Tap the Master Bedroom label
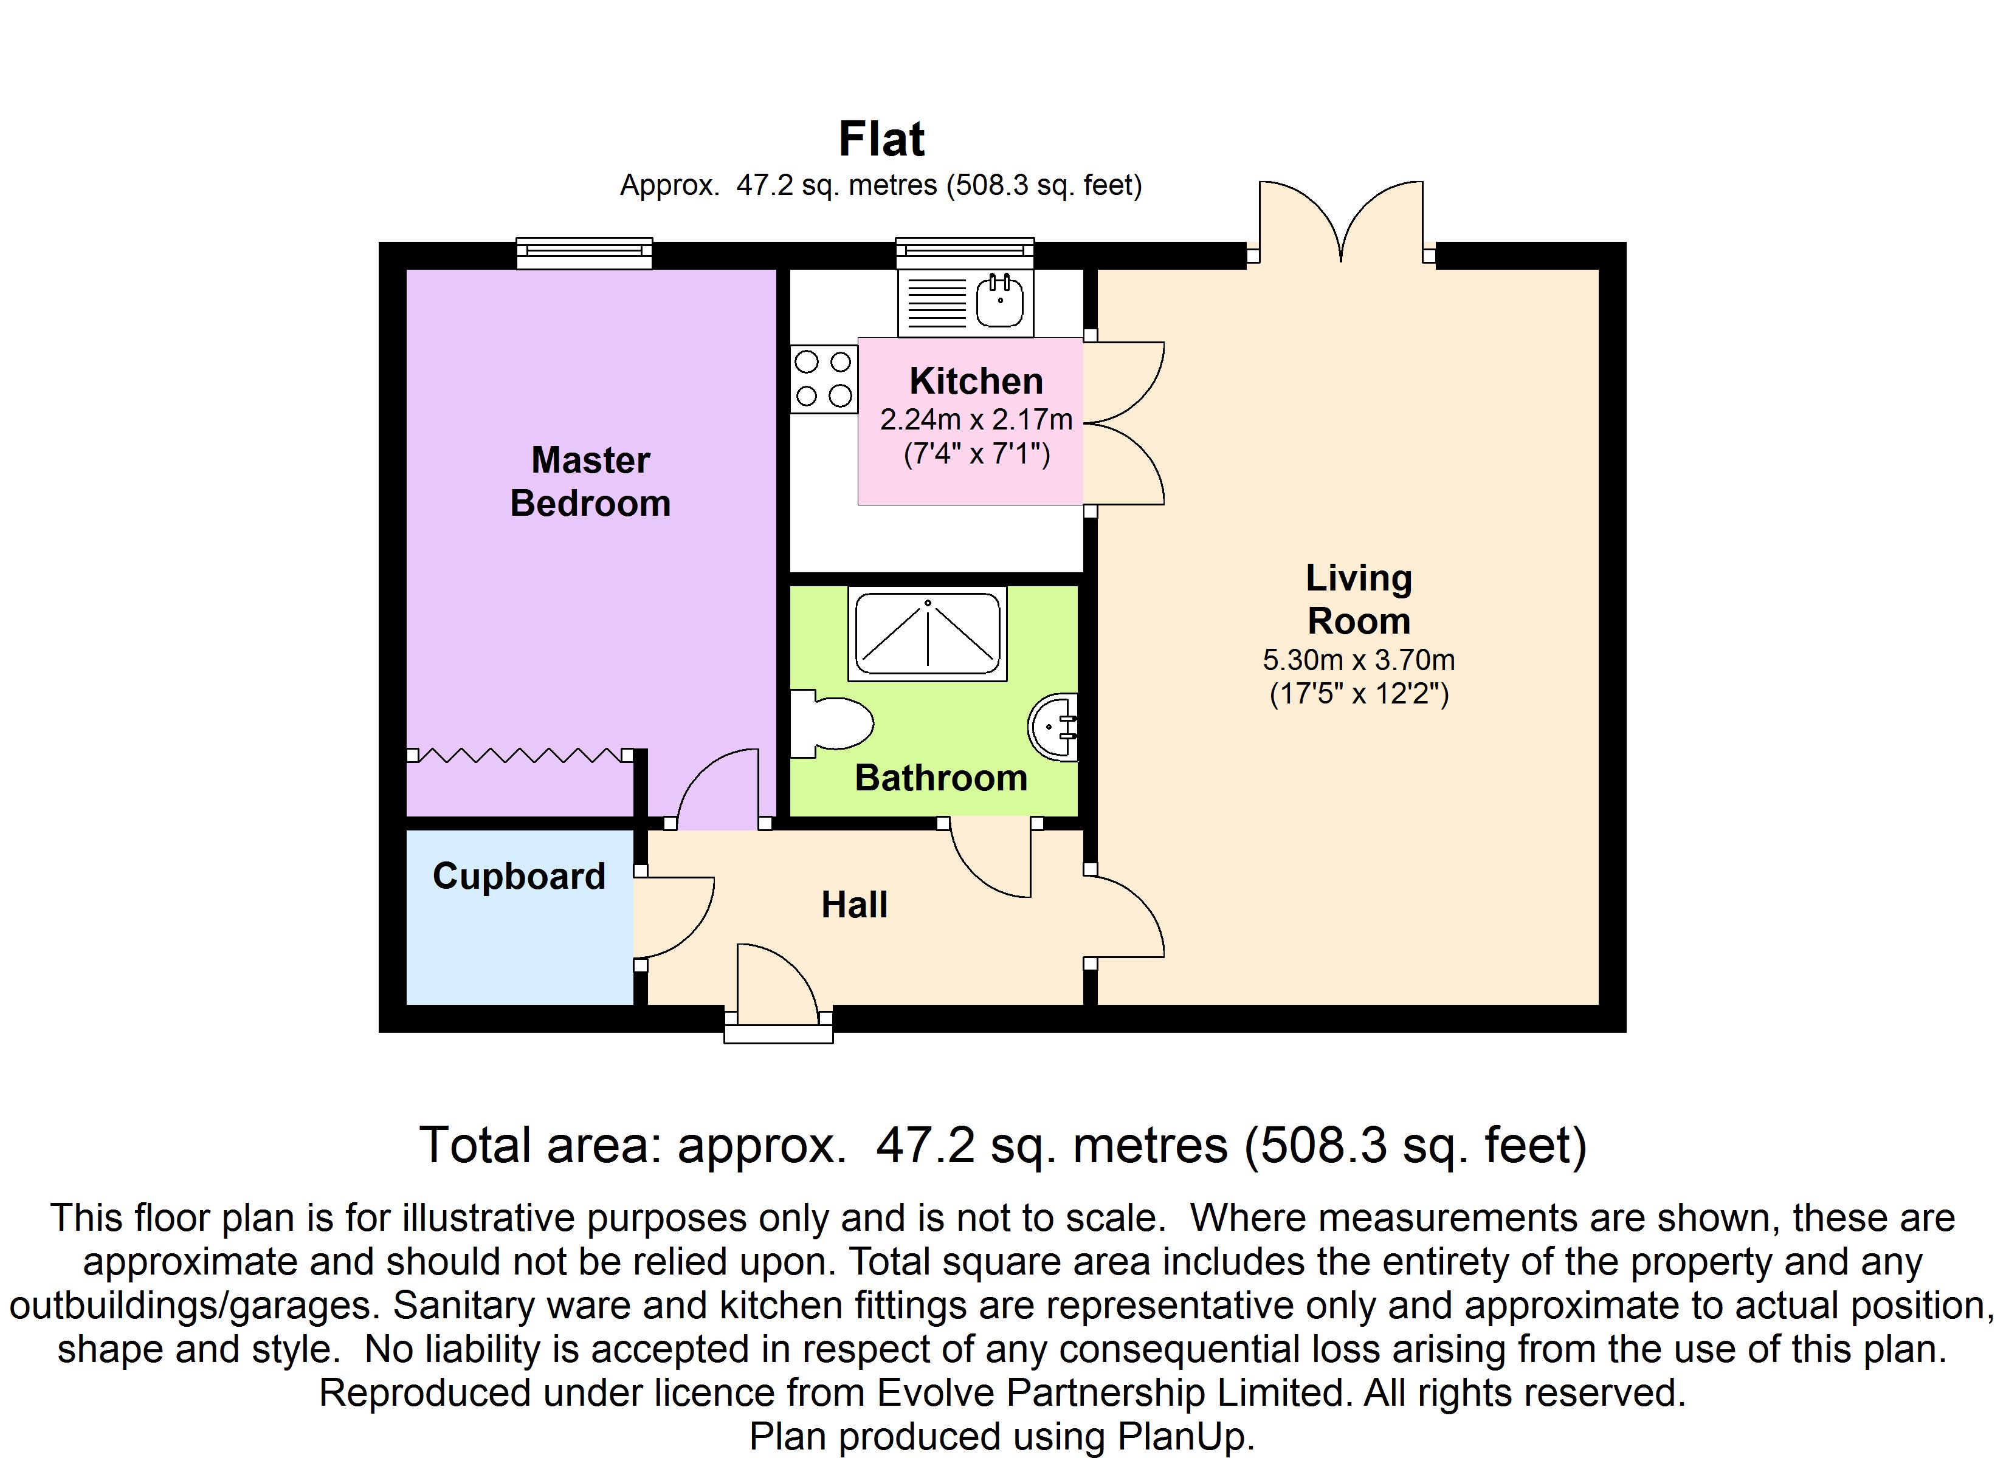point(590,482)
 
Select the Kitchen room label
point(976,381)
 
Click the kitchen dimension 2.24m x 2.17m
point(976,419)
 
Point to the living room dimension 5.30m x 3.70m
point(1359,660)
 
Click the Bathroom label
point(941,778)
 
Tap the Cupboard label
point(519,876)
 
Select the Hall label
point(855,905)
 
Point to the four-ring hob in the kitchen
point(824,378)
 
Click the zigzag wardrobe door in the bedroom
point(519,755)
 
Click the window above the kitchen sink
point(965,253)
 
